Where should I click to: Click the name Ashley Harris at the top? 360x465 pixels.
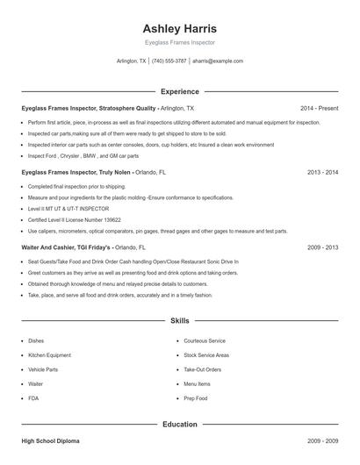coord(179,28)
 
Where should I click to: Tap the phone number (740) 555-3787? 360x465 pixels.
coord(169,61)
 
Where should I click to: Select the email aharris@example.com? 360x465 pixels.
coord(217,61)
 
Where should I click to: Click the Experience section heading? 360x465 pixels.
coord(179,91)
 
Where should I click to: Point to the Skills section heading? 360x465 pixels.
coord(179,322)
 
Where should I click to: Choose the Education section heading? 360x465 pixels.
coord(179,425)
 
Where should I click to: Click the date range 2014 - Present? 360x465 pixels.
coord(319,108)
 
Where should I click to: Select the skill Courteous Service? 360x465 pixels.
coord(205,340)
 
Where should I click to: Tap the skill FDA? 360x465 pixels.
coord(33,398)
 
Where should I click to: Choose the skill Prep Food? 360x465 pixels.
coord(196,398)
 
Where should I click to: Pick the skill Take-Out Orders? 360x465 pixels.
coord(202,369)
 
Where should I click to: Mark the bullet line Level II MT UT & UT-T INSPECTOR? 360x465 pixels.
coord(68,209)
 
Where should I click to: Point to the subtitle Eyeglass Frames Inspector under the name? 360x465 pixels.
coord(179,42)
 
